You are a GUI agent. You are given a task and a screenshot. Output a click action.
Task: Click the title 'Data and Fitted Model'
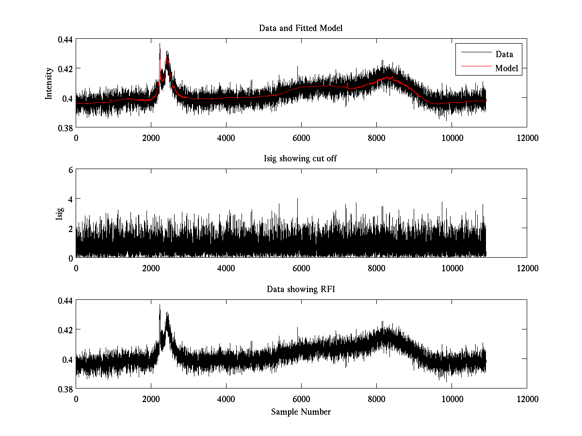point(301,28)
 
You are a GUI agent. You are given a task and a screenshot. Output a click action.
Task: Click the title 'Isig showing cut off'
point(301,159)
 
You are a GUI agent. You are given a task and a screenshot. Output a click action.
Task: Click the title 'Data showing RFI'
point(301,290)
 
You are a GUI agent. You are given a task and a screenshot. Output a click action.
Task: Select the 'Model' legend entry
point(506,68)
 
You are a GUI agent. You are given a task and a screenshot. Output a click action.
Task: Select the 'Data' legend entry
point(504,54)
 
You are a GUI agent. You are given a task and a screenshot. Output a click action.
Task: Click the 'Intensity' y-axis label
point(49,83)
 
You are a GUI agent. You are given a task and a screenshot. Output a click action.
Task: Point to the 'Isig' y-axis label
point(60,214)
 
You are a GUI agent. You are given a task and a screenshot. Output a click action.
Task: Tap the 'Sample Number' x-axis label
point(301,412)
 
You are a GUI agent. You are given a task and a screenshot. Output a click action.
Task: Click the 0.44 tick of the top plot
point(65,39)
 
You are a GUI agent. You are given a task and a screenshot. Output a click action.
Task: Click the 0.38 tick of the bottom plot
point(65,389)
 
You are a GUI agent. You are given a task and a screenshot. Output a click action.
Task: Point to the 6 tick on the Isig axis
point(70,170)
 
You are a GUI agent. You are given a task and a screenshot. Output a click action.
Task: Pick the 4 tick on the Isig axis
point(70,199)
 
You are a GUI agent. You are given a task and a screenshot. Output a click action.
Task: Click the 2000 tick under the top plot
point(151,138)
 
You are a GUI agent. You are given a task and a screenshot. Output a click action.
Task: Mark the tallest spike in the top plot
point(160,44)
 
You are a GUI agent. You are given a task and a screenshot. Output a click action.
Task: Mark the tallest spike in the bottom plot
point(160,306)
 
